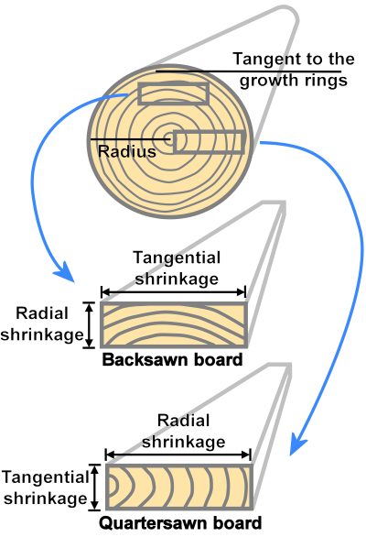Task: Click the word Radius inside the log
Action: coord(126,151)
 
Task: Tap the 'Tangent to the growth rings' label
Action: coord(293,70)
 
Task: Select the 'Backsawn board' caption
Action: coord(173,359)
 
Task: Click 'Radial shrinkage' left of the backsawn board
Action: coord(42,325)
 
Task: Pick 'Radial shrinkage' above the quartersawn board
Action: coord(184,432)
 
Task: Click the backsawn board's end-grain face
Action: coord(173,325)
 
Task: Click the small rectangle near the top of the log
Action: coord(173,93)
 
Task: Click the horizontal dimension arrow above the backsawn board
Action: coord(173,292)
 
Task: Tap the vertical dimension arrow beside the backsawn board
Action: coord(90,325)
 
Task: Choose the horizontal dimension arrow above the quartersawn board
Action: coord(178,455)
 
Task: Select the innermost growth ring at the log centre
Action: coord(169,139)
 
